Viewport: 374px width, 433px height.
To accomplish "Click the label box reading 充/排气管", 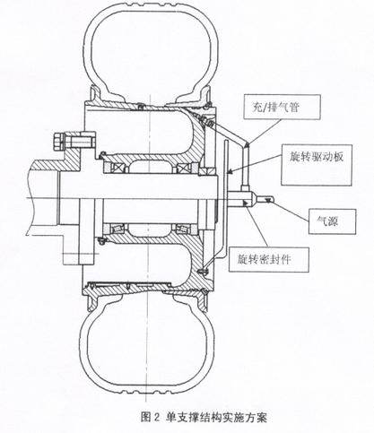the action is coord(282,107).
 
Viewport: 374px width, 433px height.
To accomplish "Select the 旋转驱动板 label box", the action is coord(317,165).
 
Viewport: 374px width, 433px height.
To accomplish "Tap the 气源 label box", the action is coord(332,221).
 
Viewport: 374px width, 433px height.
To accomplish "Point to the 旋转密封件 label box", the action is coord(268,259).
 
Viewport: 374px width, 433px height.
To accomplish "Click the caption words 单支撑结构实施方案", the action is coord(216,417).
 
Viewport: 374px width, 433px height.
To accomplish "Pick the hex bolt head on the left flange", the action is coord(58,142).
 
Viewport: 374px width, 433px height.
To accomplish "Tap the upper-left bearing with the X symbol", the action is coord(114,169).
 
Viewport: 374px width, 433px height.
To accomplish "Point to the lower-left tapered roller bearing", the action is coord(115,229).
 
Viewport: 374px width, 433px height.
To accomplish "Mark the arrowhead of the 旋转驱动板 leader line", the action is coord(228,173).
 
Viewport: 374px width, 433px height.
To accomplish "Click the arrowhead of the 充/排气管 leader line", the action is coord(247,145).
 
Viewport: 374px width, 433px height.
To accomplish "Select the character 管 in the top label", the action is coord(293,107).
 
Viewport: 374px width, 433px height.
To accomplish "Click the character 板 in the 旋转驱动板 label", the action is coord(337,157).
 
